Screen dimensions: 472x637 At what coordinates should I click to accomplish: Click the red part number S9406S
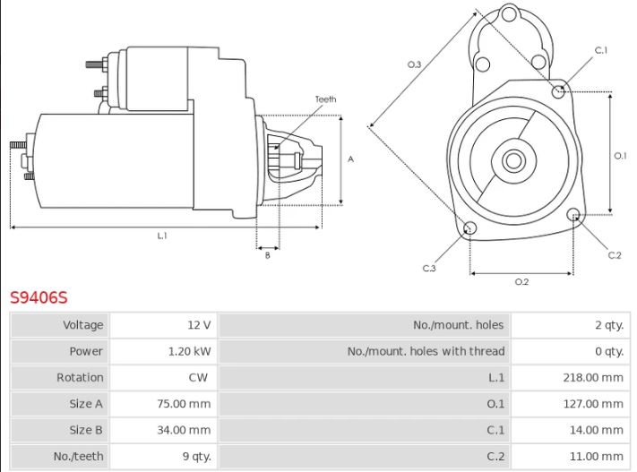39,296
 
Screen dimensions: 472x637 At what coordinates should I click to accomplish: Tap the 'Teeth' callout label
325,99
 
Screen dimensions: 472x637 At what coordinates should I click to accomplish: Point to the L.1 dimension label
162,236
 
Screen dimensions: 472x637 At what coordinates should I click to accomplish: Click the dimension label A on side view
351,159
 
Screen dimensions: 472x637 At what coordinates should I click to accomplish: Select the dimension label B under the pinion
267,256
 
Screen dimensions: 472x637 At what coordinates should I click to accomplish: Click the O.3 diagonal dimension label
414,64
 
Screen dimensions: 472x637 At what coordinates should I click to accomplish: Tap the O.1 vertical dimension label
620,156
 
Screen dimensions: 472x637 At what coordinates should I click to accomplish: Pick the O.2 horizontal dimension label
521,282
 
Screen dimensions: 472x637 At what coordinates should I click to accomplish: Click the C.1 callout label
601,50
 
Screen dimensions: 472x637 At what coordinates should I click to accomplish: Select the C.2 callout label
614,255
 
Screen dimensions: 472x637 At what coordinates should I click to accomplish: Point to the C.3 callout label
429,268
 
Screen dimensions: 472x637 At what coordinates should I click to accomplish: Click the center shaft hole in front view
512,161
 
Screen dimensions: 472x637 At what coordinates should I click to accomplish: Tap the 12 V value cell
200,325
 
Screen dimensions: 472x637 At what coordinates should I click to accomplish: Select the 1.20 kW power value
190,351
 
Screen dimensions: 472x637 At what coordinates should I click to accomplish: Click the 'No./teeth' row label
79,456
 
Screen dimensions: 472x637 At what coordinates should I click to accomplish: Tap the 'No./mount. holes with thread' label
426,351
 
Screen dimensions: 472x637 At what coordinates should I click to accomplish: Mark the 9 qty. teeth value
196,456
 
